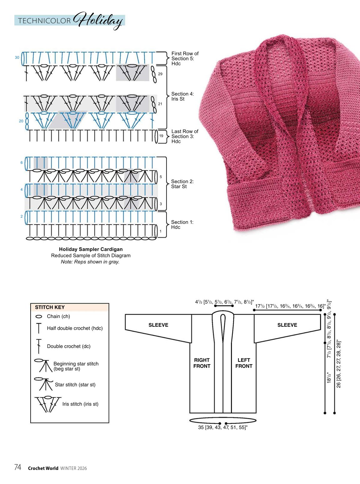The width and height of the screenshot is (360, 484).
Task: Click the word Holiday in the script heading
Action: (98, 21)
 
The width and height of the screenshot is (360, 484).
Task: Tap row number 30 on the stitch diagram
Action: (17, 58)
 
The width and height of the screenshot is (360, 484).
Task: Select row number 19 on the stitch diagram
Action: (161, 136)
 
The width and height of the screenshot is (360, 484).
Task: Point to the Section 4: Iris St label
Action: (182, 96)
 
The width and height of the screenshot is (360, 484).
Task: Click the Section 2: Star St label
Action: (182, 184)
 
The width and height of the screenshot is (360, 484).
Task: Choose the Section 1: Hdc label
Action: (182, 224)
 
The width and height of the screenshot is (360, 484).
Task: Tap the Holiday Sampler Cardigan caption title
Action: (91, 249)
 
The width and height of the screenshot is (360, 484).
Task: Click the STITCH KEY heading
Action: (50, 307)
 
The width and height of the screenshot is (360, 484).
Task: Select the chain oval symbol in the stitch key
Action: (39, 316)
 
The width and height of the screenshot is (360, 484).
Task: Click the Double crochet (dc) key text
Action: (69, 346)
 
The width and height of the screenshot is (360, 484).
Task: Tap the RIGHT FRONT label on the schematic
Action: (202, 363)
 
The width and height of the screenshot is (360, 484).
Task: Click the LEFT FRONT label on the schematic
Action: (244, 363)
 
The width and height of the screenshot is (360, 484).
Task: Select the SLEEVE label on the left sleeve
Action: (158, 325)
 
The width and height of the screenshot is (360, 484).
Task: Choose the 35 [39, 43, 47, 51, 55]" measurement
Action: (223, 427)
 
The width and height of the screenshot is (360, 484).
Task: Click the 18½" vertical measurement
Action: (329, 378)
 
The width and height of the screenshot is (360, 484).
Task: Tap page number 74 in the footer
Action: (18, 467)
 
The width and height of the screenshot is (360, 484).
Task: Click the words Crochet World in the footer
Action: (43, 468)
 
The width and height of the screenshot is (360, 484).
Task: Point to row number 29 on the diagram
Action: (160, 74)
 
